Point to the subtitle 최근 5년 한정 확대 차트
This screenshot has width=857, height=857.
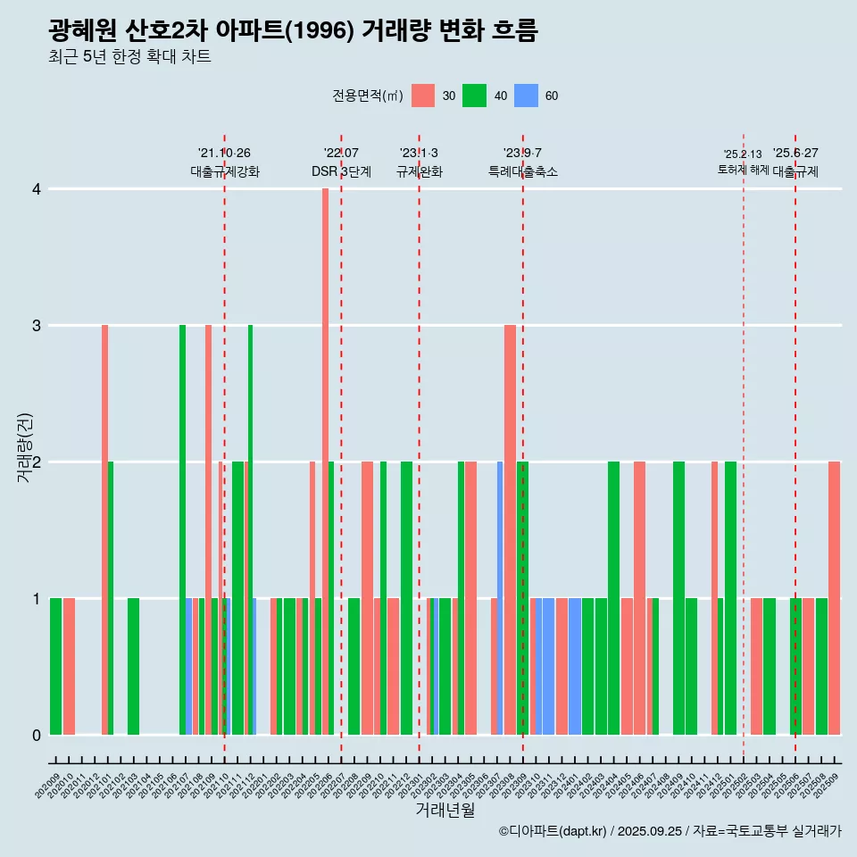click(x=129, y=58)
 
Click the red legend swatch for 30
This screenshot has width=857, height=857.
click(x=423, y=96)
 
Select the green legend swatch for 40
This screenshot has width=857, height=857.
click(x=474, y=96)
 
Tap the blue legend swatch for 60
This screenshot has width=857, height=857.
click(x=526, y=96)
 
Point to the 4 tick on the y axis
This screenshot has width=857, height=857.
click(x=37, y=189)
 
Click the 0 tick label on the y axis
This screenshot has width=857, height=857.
click(x=37, y=736)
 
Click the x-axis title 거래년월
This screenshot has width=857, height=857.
click(x=445, y=811)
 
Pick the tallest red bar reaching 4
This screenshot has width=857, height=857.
click(x=325, y=462)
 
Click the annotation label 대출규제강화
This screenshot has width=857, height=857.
click(x=225, y=171)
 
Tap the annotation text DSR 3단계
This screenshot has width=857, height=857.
click(x=341, y=171)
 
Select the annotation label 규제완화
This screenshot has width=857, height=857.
click(x=419, y=171)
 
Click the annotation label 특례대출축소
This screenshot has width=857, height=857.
click(x=522, y=171)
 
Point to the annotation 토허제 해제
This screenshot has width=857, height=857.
click(x=743, y=170)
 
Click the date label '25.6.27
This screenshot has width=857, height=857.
click(x=795, y=154)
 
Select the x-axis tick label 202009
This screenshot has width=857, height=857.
click(x=49, y=786)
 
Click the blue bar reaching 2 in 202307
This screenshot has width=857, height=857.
click(x=500, y=598)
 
